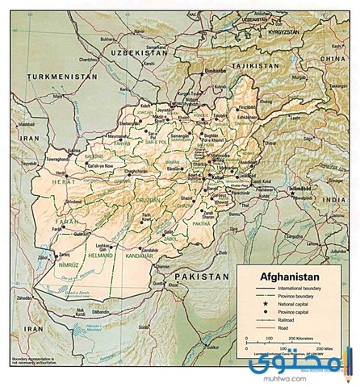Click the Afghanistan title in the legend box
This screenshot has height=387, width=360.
288,273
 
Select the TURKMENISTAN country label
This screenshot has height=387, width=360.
58,77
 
